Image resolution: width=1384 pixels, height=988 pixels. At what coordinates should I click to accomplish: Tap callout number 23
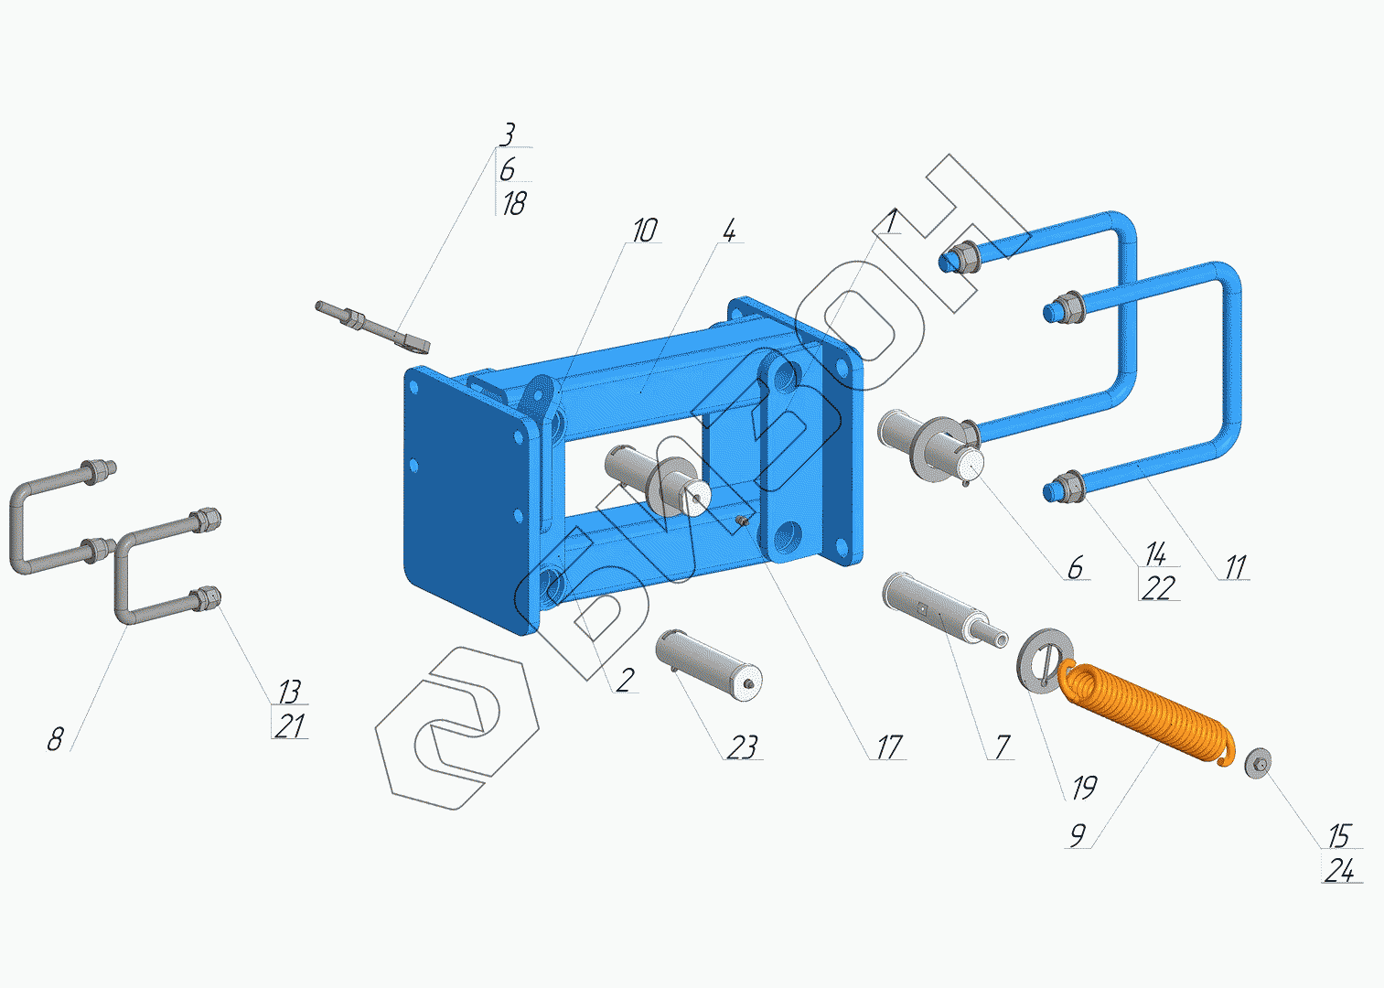tap(742, 747)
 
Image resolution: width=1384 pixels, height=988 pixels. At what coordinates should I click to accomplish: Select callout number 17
tap(890, 747)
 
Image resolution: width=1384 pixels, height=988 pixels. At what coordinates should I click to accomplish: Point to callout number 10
tap(645, 231)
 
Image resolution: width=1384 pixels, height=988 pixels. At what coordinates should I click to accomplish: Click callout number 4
tap(730, 231)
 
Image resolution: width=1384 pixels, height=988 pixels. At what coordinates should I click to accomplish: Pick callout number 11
tap(1235, 567)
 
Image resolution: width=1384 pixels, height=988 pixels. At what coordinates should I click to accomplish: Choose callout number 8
tap(56, 739)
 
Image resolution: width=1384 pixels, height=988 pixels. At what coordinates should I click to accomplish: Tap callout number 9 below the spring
tap(1078, 835)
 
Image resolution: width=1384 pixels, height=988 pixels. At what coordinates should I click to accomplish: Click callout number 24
tap(1339, 871)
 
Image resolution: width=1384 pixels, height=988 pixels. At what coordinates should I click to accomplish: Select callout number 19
tap(1084, 788)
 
